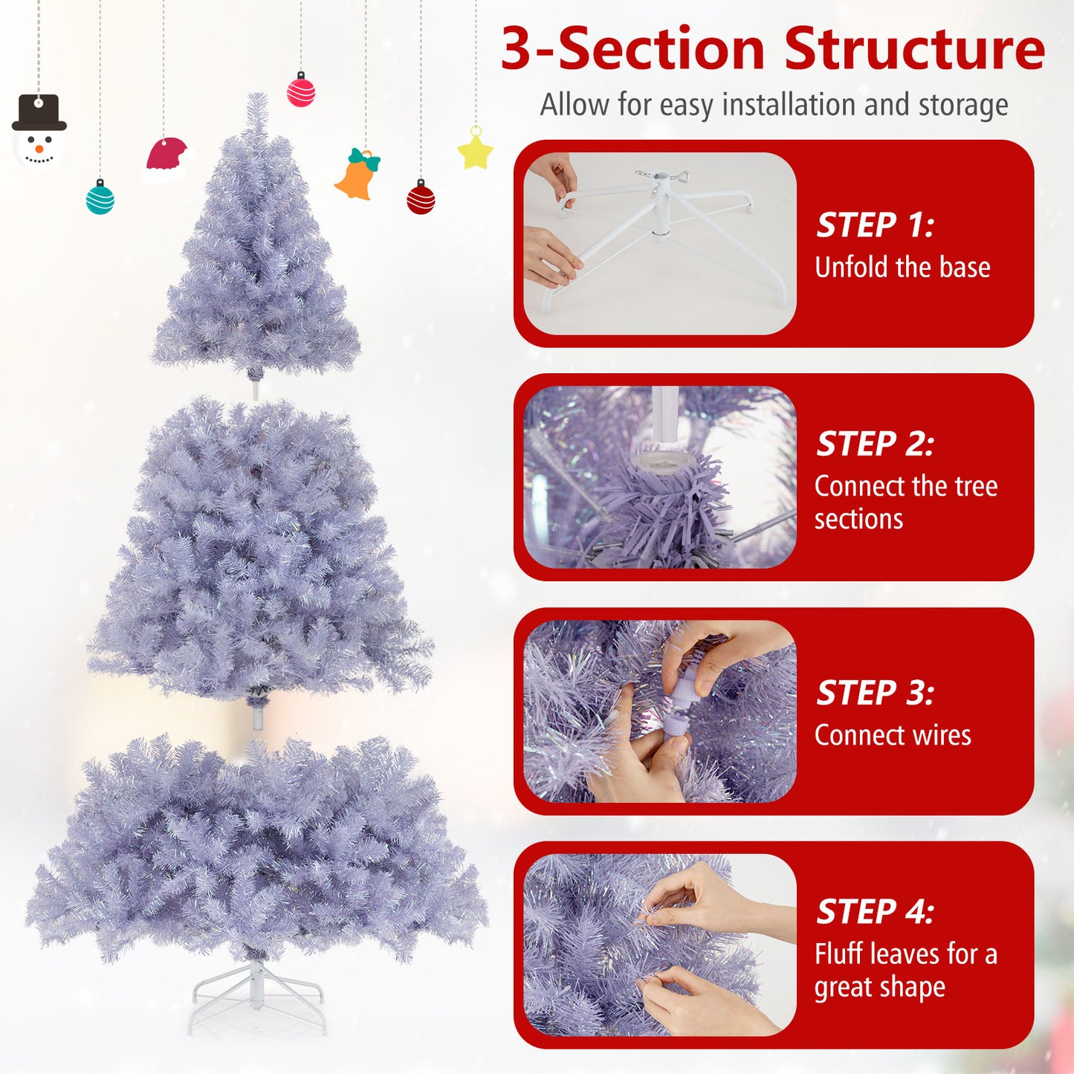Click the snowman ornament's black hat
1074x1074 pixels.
[39, 113]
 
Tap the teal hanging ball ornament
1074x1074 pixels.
[100, 198]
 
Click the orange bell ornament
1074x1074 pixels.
[358, 175]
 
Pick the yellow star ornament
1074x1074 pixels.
[476, 152]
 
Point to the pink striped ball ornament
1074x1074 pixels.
[301, 91]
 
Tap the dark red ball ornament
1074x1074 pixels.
[421, 198]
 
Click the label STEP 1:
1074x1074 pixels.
[875, 225]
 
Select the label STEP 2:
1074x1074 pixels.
[875, 444]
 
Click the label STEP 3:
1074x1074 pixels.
[875, 693]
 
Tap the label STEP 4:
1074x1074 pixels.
[875, 911]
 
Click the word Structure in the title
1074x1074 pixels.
[914, 49]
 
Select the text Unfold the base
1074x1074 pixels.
[902, 267]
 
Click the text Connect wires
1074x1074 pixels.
[893, 735]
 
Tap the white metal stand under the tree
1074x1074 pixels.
[257, 996]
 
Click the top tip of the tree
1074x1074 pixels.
[257, 100]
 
